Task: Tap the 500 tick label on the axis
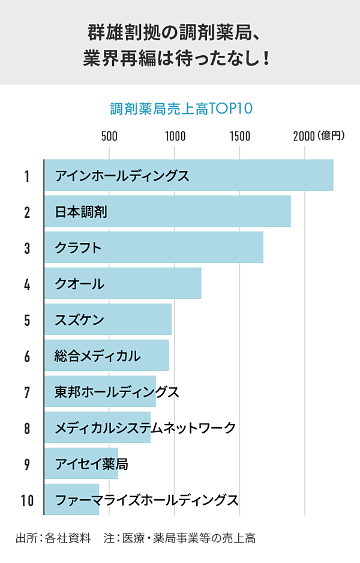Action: pos(109,136)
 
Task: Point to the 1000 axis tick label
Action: pos(175,136)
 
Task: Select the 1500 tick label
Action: pos(240,136)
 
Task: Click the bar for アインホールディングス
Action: pos(188,176)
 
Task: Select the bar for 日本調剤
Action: pos(167,211)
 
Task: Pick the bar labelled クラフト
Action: pos(154,247)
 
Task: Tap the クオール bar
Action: pos(122,283)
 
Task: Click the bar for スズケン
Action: pos(108,319)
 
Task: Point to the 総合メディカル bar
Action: pos(106,355)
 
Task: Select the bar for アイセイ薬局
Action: pos(81,463)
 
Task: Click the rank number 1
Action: pos(27,176)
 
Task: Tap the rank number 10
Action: pos(27,500)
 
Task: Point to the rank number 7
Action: pos(27,392)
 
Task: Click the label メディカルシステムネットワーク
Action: pos(145,427)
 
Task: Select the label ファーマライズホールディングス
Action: pos(146,499)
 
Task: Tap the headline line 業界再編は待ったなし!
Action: pos(179,59)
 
